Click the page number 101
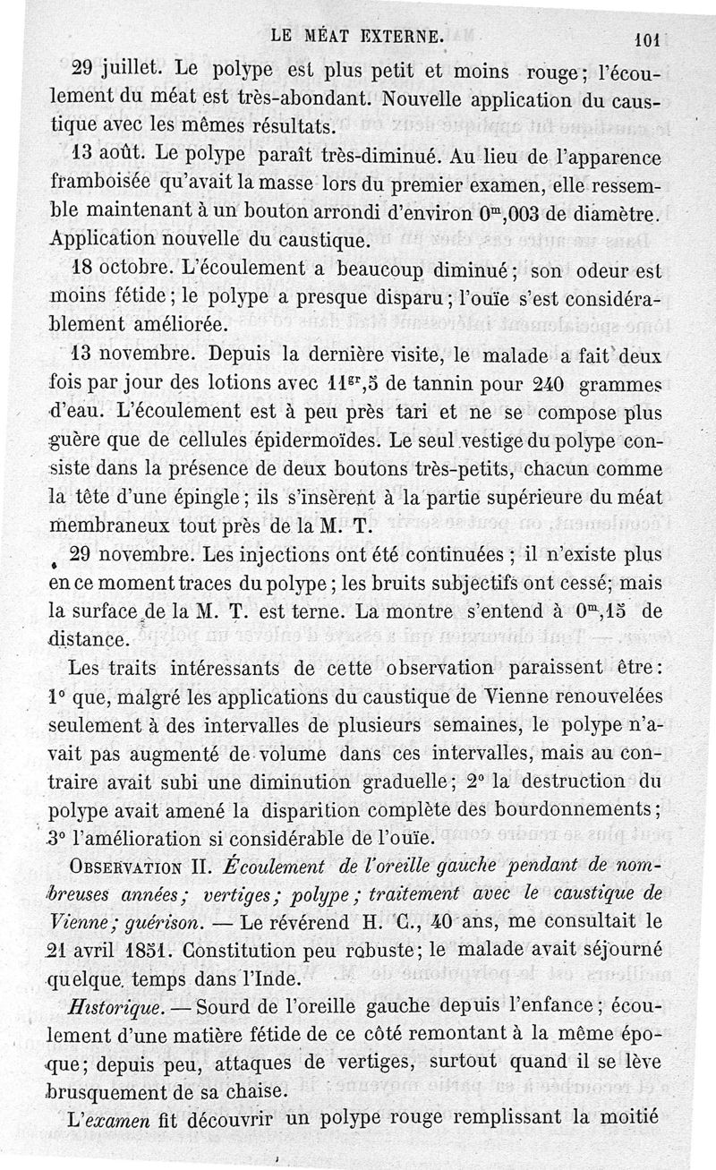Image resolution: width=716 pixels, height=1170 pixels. [644, 38]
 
